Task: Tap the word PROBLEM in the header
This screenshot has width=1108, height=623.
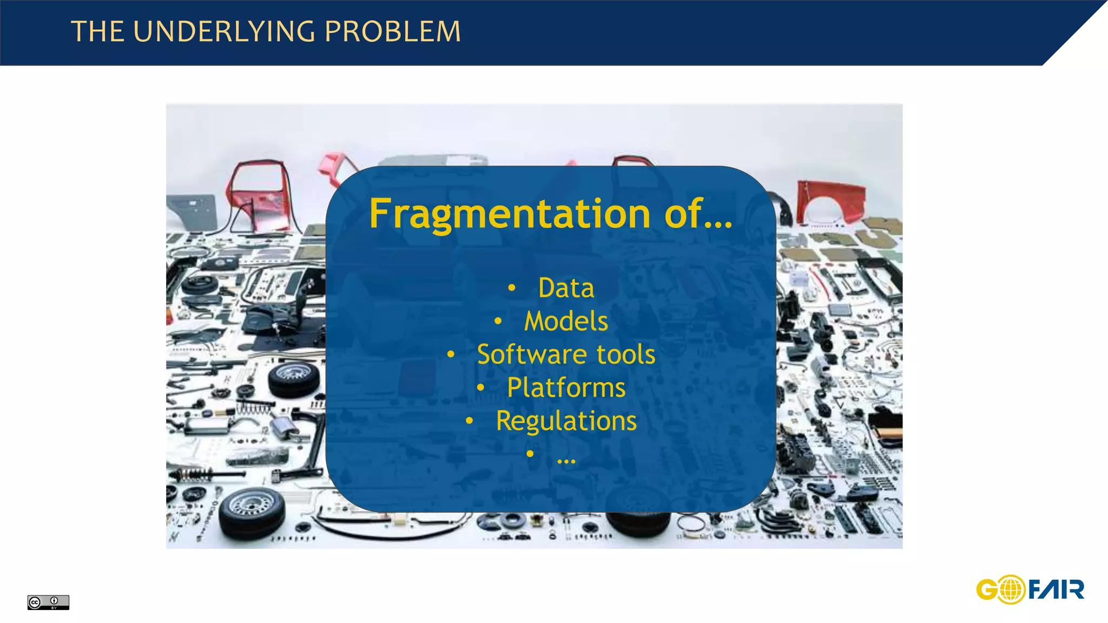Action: pos(393,32)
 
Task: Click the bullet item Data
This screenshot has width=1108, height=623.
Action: pos(566,288)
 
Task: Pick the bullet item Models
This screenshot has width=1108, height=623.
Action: pos(566,321)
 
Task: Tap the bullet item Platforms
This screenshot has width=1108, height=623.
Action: pos(566,388)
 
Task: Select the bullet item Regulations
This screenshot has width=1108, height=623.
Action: pos(566,421)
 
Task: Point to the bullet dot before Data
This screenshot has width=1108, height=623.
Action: pos(511,289)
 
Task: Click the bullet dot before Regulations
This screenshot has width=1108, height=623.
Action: pos(469,421)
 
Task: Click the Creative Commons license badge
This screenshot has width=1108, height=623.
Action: pos(48,602)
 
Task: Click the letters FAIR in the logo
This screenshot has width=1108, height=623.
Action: pos(1056,589)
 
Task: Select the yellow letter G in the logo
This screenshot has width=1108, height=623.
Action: pos(987,590)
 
